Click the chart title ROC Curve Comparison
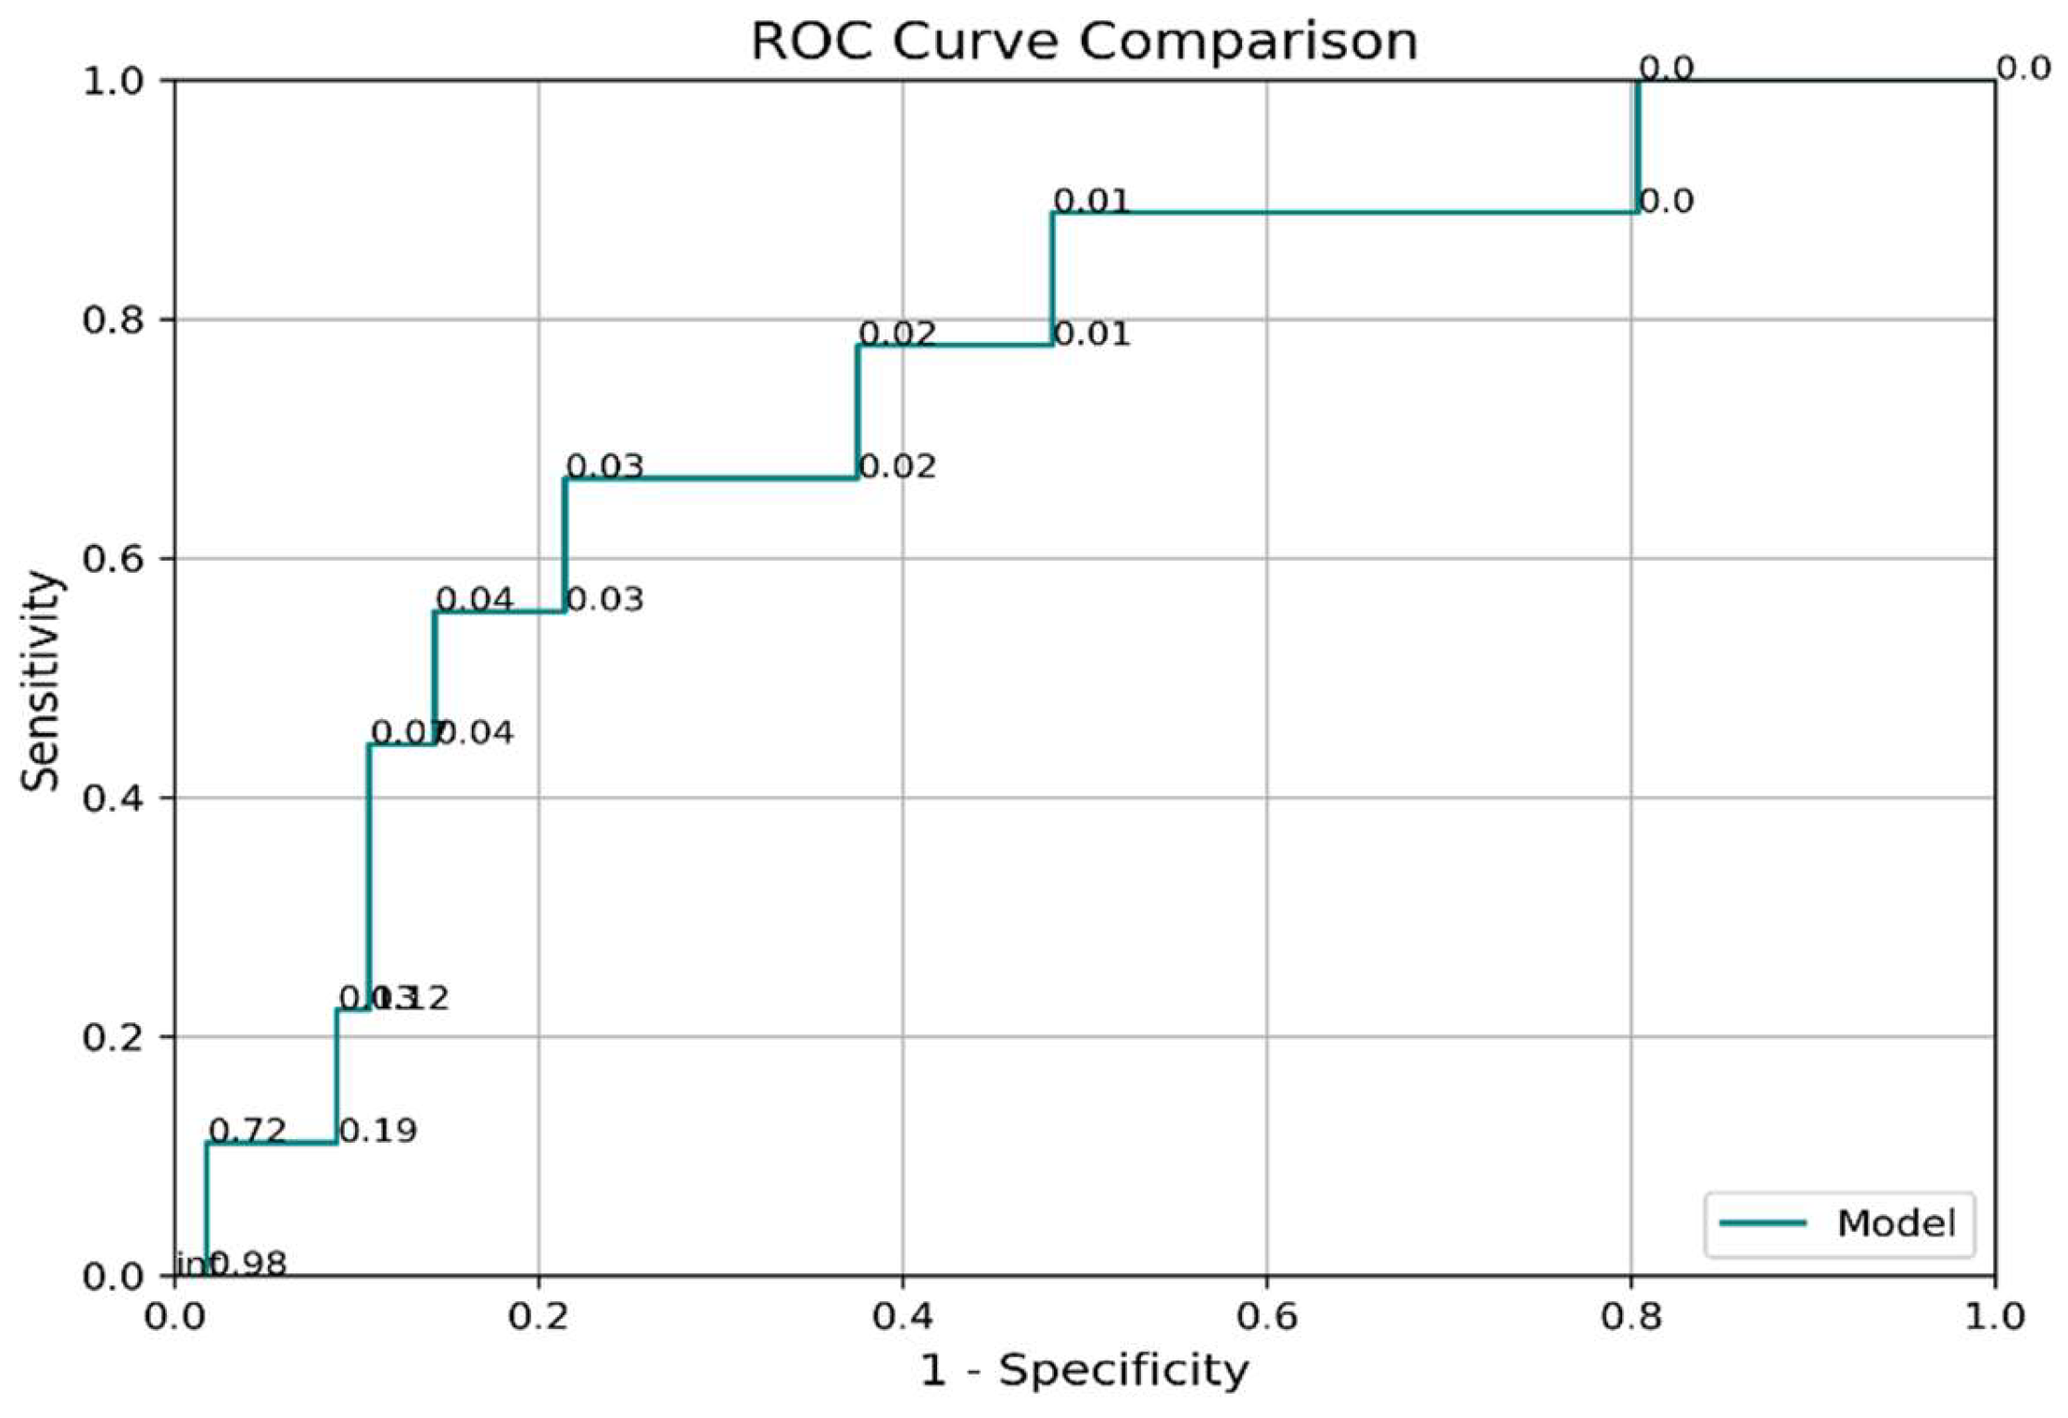coord(1084,43)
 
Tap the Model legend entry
coord(1896,1223)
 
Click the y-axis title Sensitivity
coord(41,681)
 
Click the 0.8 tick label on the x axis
coord(1631,1317)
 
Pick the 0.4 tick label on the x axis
coord(903,1317)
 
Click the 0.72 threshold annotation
coord(247,1131)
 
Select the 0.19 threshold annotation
coord(377,1131)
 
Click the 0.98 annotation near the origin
coord(248,1263)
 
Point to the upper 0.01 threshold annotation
coord(1092,201)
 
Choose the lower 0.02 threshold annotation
coord(896,466)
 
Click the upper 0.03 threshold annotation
coord(604,466)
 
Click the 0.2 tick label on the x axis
coord(539,1317)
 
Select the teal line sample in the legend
coord(1762,1223)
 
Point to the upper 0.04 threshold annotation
coord(474,600)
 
